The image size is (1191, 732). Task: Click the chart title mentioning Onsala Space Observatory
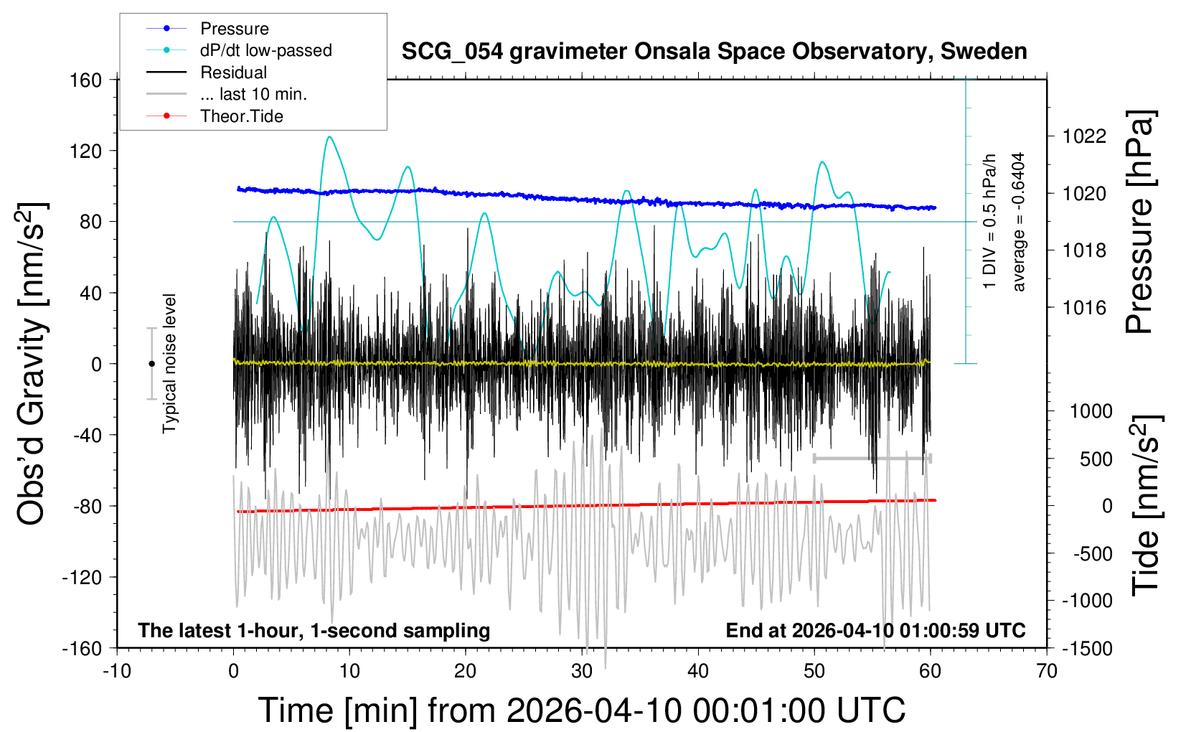714,52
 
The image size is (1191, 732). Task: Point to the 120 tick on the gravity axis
86,151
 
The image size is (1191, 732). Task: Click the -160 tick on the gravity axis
82,649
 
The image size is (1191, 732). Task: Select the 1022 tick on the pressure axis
1084,136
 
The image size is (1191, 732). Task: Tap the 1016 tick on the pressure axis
1084,308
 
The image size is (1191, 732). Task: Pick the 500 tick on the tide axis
1096,459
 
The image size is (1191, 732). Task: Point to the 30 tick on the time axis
582,672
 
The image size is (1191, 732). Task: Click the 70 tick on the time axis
1047,672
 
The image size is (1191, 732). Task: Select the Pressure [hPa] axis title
1139,222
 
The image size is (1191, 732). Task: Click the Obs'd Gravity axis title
33,364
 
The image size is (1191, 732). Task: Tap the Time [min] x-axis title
581,710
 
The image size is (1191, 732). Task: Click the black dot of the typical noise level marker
151,364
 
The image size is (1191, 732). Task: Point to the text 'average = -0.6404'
1018,222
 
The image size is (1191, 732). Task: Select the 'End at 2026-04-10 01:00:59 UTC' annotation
875,631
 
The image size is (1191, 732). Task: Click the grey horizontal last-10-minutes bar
872,458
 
